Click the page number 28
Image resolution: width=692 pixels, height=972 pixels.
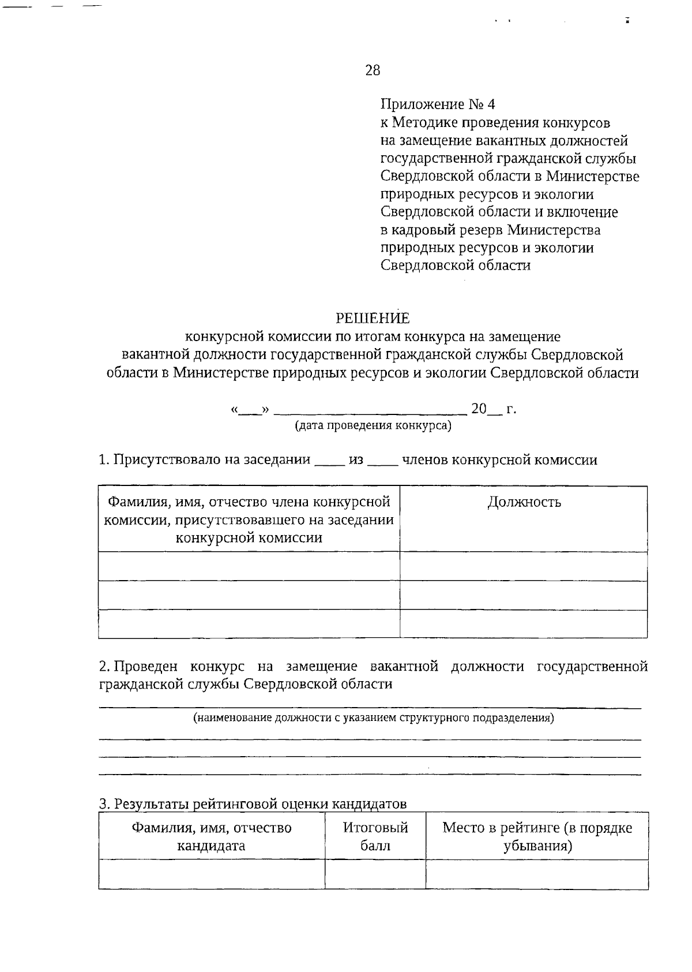pos(373,70)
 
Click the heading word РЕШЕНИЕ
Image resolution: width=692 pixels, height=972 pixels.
pos(373,319)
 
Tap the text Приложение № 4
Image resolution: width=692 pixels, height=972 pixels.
pos(438,104)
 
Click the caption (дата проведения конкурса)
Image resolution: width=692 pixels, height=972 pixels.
pos(373,426)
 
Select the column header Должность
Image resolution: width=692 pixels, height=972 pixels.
pos(524,502)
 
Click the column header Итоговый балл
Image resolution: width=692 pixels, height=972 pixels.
pos(375,836)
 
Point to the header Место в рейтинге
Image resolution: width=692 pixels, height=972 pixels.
pos(537,836)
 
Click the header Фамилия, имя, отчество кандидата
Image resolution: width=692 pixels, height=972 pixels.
pos(211,836)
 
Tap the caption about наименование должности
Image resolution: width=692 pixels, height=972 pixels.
pos(373,718)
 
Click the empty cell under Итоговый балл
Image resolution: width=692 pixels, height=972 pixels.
pos(375,874)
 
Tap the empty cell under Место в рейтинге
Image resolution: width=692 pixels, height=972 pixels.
pos(537,874)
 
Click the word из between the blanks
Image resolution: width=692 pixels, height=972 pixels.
pos(356,460)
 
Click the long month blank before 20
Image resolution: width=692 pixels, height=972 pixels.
pos(370,411)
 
